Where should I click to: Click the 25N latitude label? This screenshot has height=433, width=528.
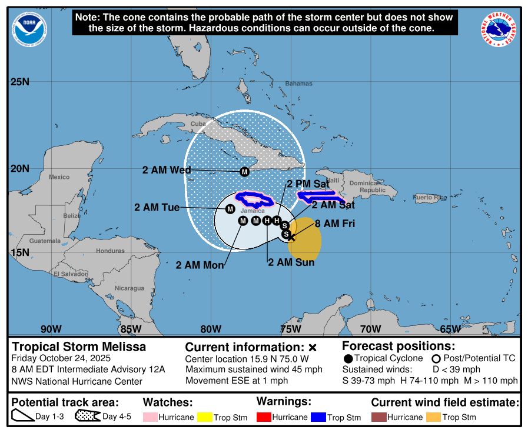tap(20, 81)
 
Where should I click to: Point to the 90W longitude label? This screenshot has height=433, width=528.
tap(51, 329)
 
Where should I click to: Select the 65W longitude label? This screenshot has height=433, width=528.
tap(450, 329)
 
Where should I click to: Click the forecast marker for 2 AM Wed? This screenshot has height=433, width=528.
tap(244, 172)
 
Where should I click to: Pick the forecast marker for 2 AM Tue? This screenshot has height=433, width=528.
tap(230, 209)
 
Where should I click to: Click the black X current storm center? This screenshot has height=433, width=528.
tap(290, 237)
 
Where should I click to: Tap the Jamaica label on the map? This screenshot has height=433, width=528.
tap(253, 210)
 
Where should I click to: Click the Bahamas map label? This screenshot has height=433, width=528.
tap(299, 84)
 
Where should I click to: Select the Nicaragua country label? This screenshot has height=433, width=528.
tap(129, 288)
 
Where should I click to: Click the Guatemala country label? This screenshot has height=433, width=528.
tap(45, 241)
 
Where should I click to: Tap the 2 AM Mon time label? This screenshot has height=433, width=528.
tap(200, 265)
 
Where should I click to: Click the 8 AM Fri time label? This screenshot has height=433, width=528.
tap(335, 224)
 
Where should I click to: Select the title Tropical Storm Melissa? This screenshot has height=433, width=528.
tap(79, 347)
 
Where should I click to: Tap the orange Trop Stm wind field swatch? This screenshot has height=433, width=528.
tap(433, 417)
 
